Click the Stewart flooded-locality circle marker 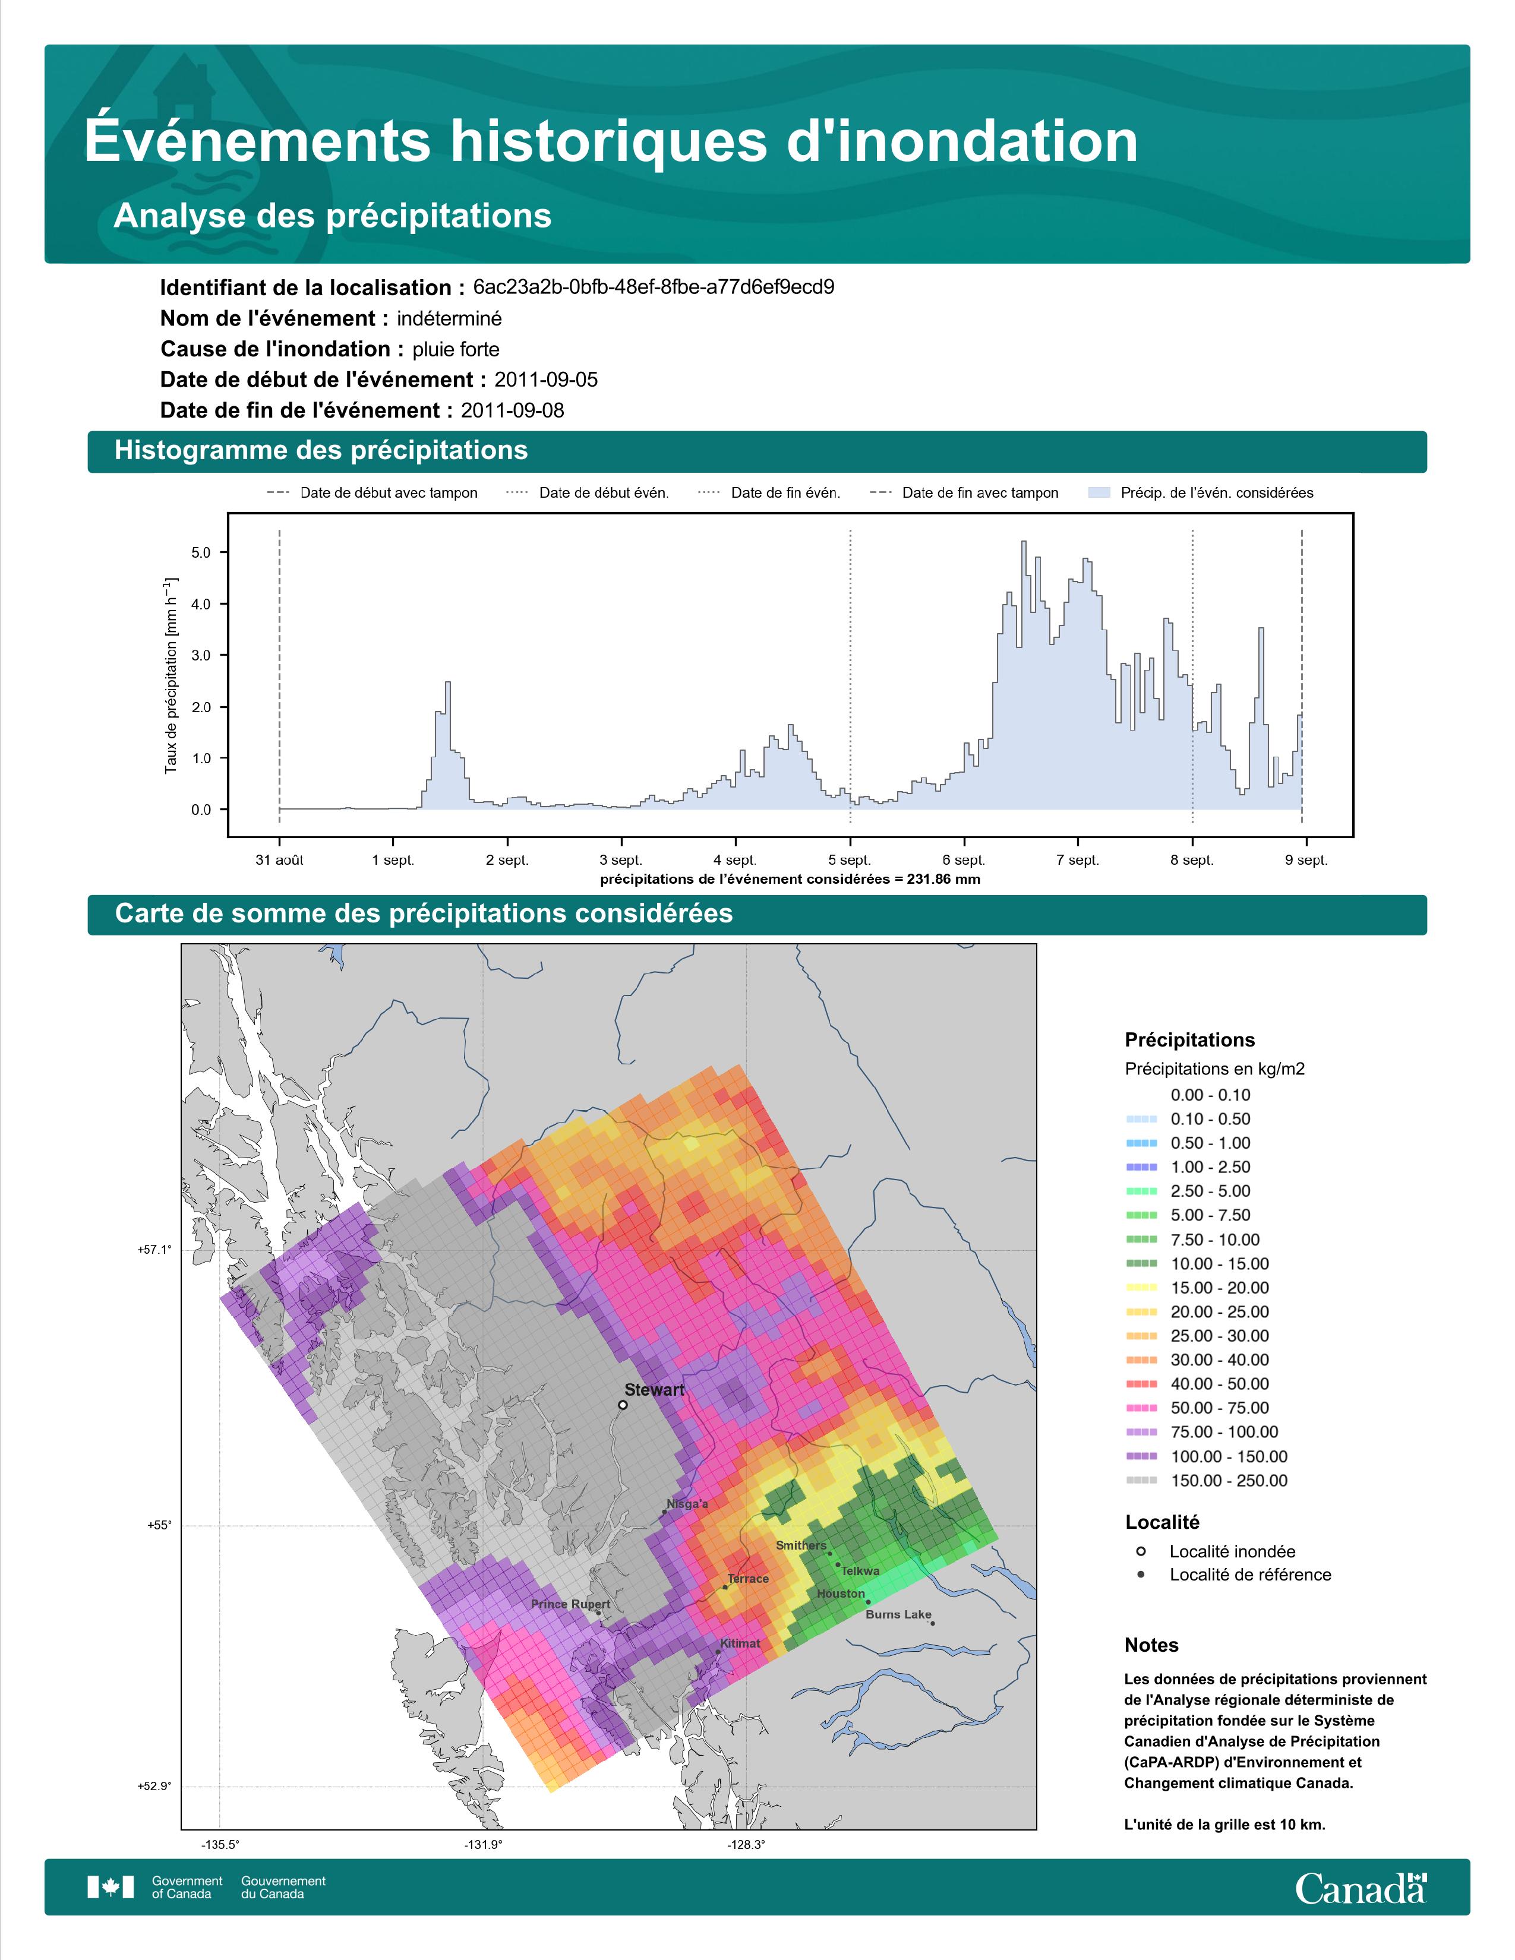point(623,1405)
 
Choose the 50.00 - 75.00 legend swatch point(1141,1408)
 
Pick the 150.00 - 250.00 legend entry point(1205,1481)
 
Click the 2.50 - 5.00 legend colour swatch point(1141,1191)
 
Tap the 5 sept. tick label point(850,860)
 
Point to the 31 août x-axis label point(279,860)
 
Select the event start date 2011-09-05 point(545,380)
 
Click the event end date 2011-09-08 point(513,410)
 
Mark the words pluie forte point(456,349)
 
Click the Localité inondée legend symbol point(1141,1551)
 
